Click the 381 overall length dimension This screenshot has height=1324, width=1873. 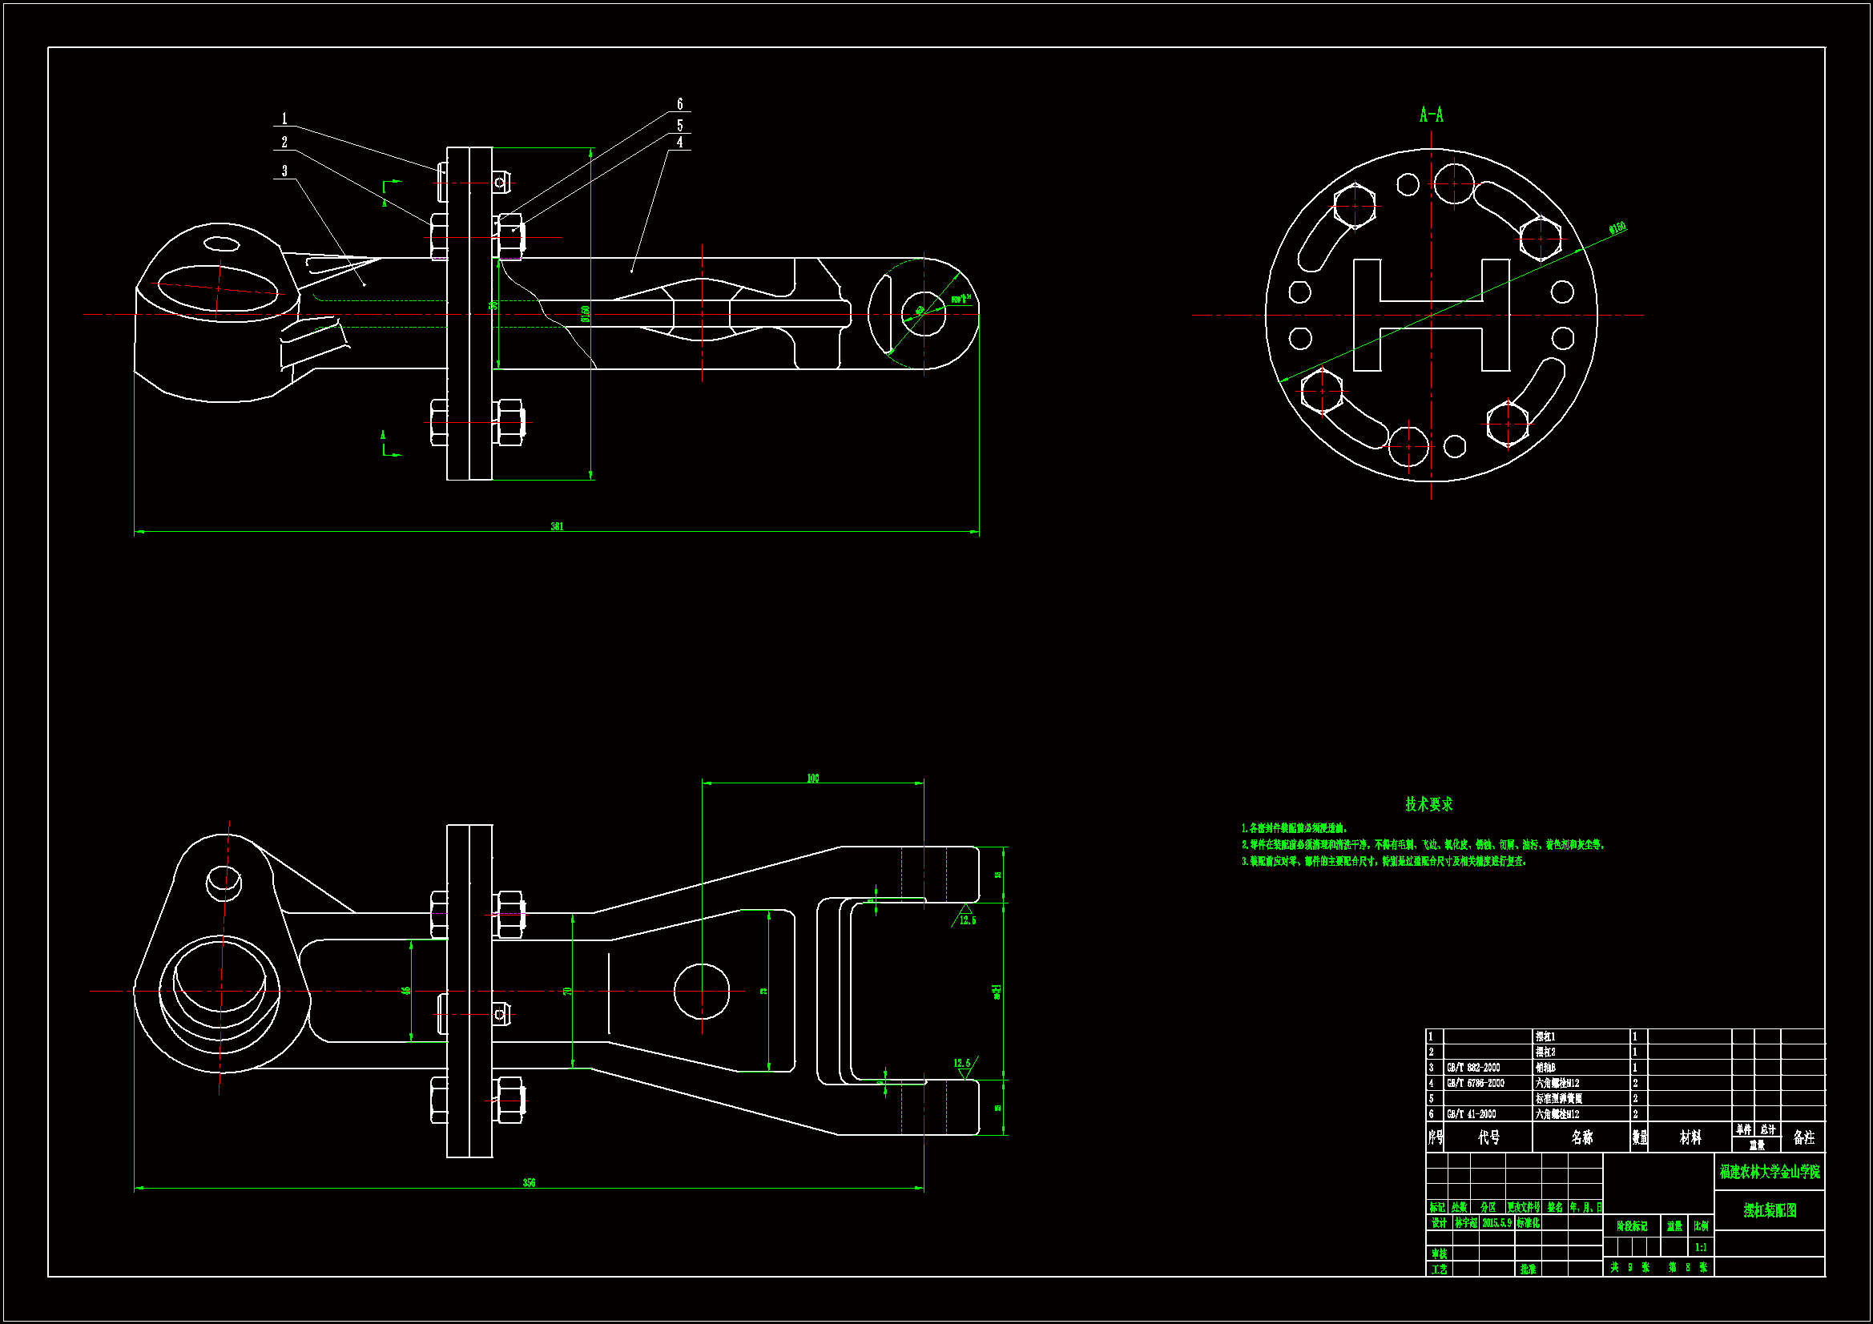pos(557,526)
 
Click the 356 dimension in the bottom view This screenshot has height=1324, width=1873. pos(530,1182)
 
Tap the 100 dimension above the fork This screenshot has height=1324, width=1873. pos(812,779)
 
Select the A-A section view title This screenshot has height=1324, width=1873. pos(1431,115)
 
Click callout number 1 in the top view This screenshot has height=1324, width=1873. pos(284,119)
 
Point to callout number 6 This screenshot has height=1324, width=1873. pos(679,104)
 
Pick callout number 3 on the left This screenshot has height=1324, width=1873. pos(284,171)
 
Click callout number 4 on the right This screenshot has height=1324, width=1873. pos(679,143)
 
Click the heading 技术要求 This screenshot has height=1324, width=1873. pos(1428,804)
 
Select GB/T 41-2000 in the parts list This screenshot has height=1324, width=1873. pos(1472,1113)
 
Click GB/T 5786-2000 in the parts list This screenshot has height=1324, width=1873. pos(1475,1084)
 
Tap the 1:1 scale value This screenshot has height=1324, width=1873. pos(1701,1247)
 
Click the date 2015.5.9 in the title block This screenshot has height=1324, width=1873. pos(1497,1223)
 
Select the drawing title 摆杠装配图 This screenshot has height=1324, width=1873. pos(1770,1210)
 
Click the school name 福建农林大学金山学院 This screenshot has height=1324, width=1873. pos(1770,1173)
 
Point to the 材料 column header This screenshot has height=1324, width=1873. pos(1690,1137)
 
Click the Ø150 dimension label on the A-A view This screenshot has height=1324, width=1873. pos(1617,228)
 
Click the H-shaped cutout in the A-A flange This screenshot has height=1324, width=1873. pos(1431,314)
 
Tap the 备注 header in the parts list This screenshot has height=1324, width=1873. pos(1803,1137)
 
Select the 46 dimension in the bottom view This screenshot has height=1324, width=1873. pos(406,991)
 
